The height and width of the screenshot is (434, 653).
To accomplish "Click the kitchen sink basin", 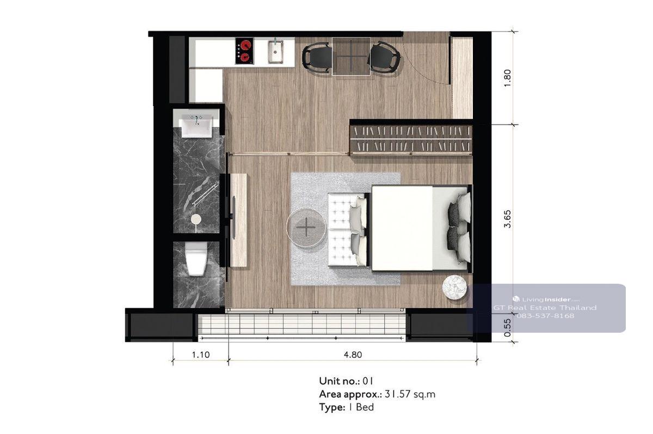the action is (275, 52).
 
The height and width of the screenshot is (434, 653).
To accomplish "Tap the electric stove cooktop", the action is (244, 51).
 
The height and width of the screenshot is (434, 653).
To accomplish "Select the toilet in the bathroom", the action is (196, 259).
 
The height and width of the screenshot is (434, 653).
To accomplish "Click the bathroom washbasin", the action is (197, 125).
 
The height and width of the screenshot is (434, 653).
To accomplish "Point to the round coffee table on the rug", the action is (306, 227).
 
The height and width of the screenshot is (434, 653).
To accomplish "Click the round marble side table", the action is (454, 287).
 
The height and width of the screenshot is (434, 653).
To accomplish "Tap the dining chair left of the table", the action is (317, 57).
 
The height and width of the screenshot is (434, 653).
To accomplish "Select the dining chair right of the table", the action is (385, 57).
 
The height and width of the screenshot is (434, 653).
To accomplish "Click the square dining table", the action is (351, 56).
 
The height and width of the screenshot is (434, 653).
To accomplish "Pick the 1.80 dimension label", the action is (507, 78).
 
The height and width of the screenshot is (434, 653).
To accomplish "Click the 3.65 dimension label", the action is (508, 219).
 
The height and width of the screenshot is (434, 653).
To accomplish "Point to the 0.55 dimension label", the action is (508, 327).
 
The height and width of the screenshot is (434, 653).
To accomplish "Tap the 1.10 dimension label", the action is (201, 355).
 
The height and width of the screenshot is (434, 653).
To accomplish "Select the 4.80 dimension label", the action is (353, 355).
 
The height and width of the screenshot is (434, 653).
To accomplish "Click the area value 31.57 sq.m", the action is (410, 394).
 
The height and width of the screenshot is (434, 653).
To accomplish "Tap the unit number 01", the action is (368, 381).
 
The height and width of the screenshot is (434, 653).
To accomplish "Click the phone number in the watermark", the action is (545, 316).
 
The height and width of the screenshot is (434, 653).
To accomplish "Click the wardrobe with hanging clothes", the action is (411, 139).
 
